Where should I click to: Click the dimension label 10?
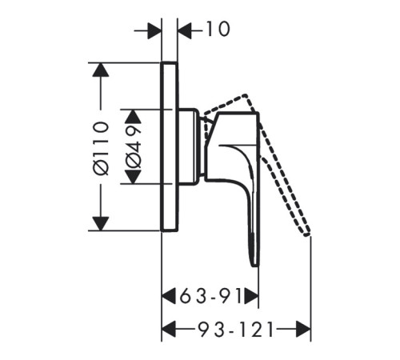coord(218,29)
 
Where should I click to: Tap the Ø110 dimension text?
coord(102,148)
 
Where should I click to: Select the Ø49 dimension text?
coord(133,147)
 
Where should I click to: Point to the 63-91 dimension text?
coord(210,296)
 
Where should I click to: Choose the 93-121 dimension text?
coord(236,330)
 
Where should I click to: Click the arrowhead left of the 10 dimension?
coord(154,30)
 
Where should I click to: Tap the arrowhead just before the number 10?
coord(185,30)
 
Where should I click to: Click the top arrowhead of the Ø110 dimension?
coord(101,70)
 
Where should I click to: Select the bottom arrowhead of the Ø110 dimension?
coord(101,223)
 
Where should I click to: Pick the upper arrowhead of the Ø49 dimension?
coord(133,116)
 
